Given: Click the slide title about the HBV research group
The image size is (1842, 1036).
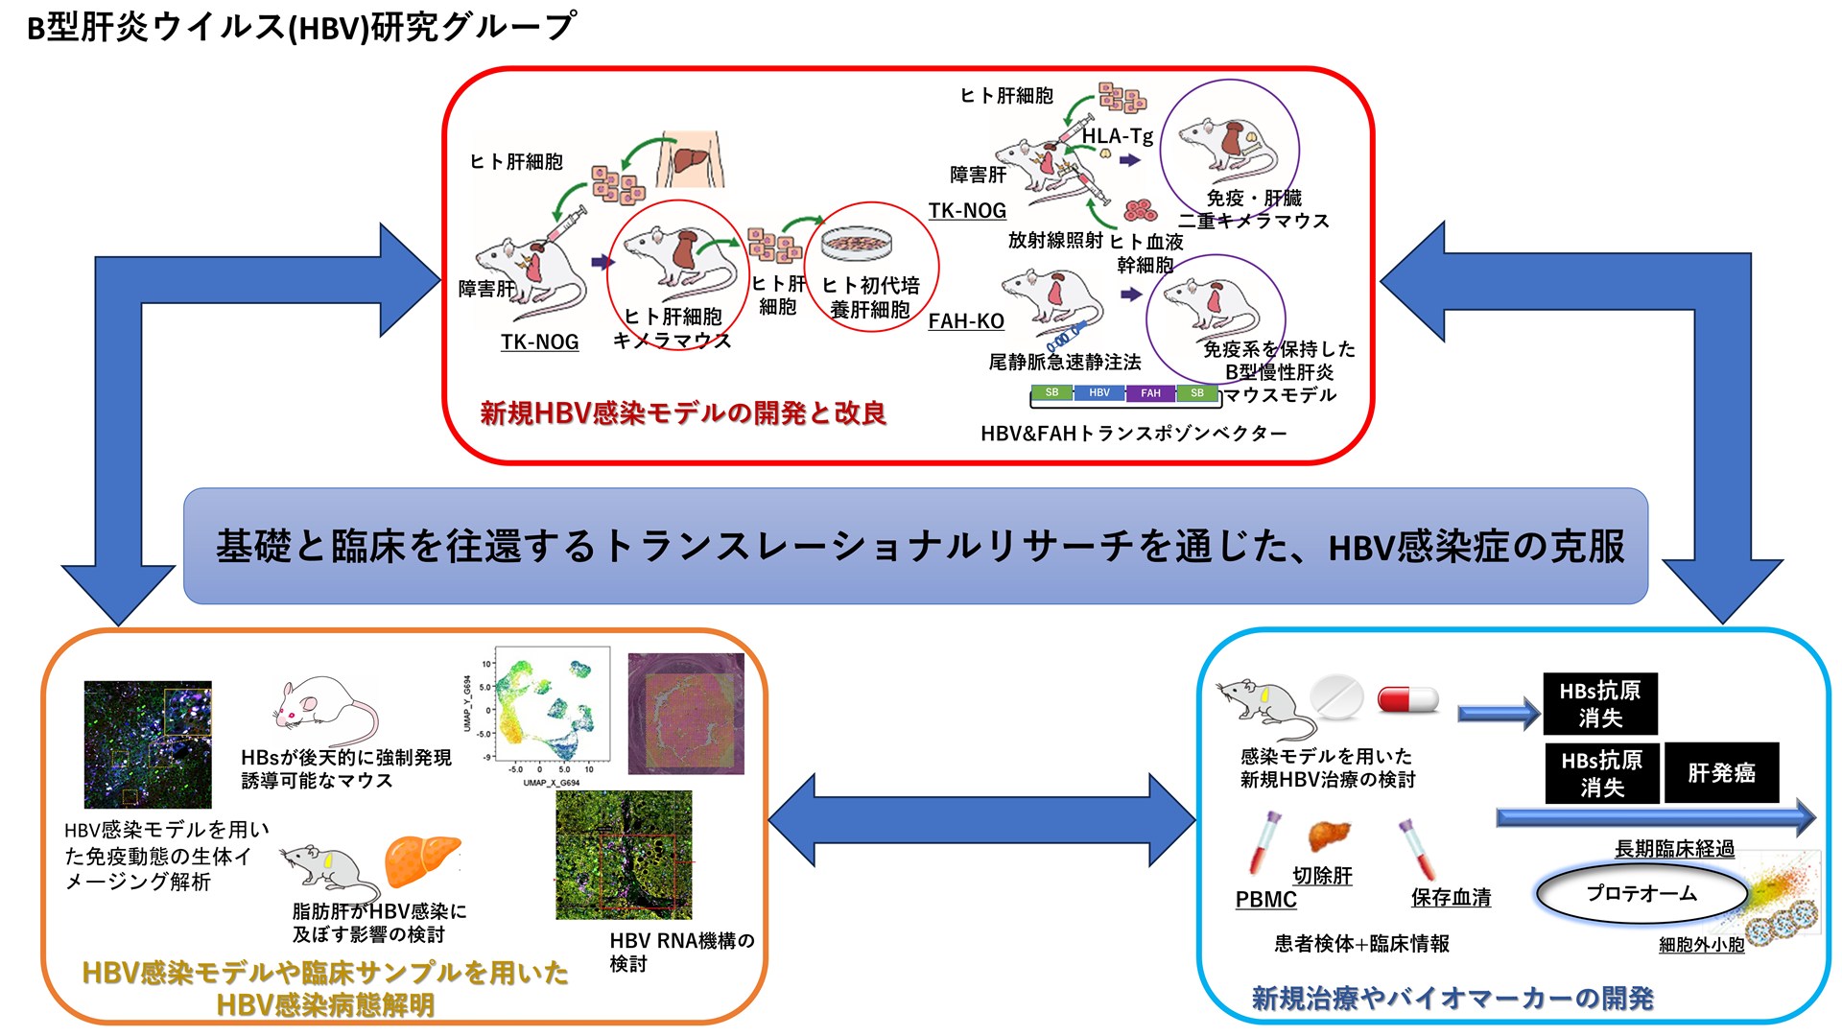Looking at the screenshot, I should point(301,27).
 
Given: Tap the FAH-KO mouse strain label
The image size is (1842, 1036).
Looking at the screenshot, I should point(966,321).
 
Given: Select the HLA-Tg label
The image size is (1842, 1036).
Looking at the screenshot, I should point(1117,136).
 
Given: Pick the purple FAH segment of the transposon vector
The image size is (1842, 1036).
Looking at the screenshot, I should point(1150,392).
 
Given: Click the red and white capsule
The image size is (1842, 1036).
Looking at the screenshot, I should point(1407,699).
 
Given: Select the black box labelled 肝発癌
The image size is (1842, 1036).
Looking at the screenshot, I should point(1721,772).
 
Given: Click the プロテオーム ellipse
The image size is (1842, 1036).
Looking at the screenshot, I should point(1641,893).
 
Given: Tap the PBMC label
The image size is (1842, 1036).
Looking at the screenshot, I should point(1265,900).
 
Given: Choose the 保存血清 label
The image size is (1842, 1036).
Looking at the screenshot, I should point(1451,897).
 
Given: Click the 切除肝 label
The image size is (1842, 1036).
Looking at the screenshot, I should point(1322,875).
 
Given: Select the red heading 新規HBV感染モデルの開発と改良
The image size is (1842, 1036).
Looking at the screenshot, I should point(683,413).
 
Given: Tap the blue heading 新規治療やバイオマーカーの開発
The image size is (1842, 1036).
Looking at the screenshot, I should point(1452,999).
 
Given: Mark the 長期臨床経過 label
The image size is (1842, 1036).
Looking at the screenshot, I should point(1674,849).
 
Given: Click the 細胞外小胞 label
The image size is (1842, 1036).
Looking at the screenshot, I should point(1701,945).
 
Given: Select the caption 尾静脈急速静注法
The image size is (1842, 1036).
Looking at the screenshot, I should point(1065,363).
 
